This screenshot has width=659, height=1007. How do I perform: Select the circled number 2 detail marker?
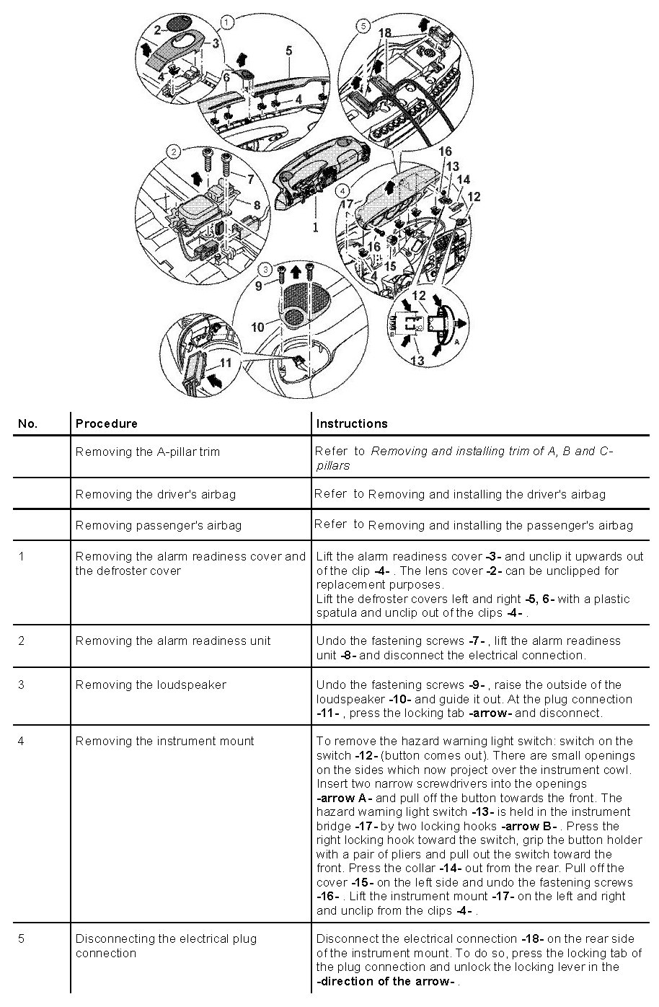(x=173, y=152)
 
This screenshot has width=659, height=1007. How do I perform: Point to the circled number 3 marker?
(x=266, y=270)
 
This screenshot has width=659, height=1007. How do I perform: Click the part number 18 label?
(x=384, y=32)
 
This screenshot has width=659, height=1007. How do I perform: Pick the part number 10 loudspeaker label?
(x=257, y=327)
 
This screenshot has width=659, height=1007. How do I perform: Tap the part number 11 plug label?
(x=226, y=363)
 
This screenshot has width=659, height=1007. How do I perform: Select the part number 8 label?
(x=256, y=206)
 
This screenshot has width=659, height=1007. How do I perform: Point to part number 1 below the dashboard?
(x=314, y=227)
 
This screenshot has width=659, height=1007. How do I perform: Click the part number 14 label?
(x=464, y=179)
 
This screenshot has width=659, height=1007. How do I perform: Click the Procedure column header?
(x=106, y=423)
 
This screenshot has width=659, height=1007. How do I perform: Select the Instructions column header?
(x=352, y=423)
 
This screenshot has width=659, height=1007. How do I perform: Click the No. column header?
(x=27, y=423)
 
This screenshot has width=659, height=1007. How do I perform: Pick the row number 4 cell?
(x=21, y=741)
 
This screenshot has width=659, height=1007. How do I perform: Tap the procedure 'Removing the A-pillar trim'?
(x=147, y=452)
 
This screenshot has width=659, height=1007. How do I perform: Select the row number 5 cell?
(x=21, y=938)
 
